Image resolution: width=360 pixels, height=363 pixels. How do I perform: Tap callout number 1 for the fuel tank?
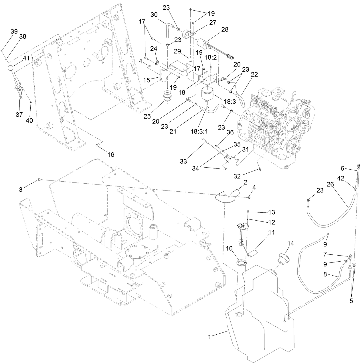[x=210, y=337]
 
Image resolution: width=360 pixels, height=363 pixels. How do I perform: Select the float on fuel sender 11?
[x=253, y=253]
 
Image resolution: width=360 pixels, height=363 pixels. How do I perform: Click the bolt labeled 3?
[x=39, y=180]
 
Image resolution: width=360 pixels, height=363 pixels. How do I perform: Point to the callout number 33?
[x=183, y=161]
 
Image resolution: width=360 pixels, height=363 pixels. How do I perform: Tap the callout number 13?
[x=271, y=212]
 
